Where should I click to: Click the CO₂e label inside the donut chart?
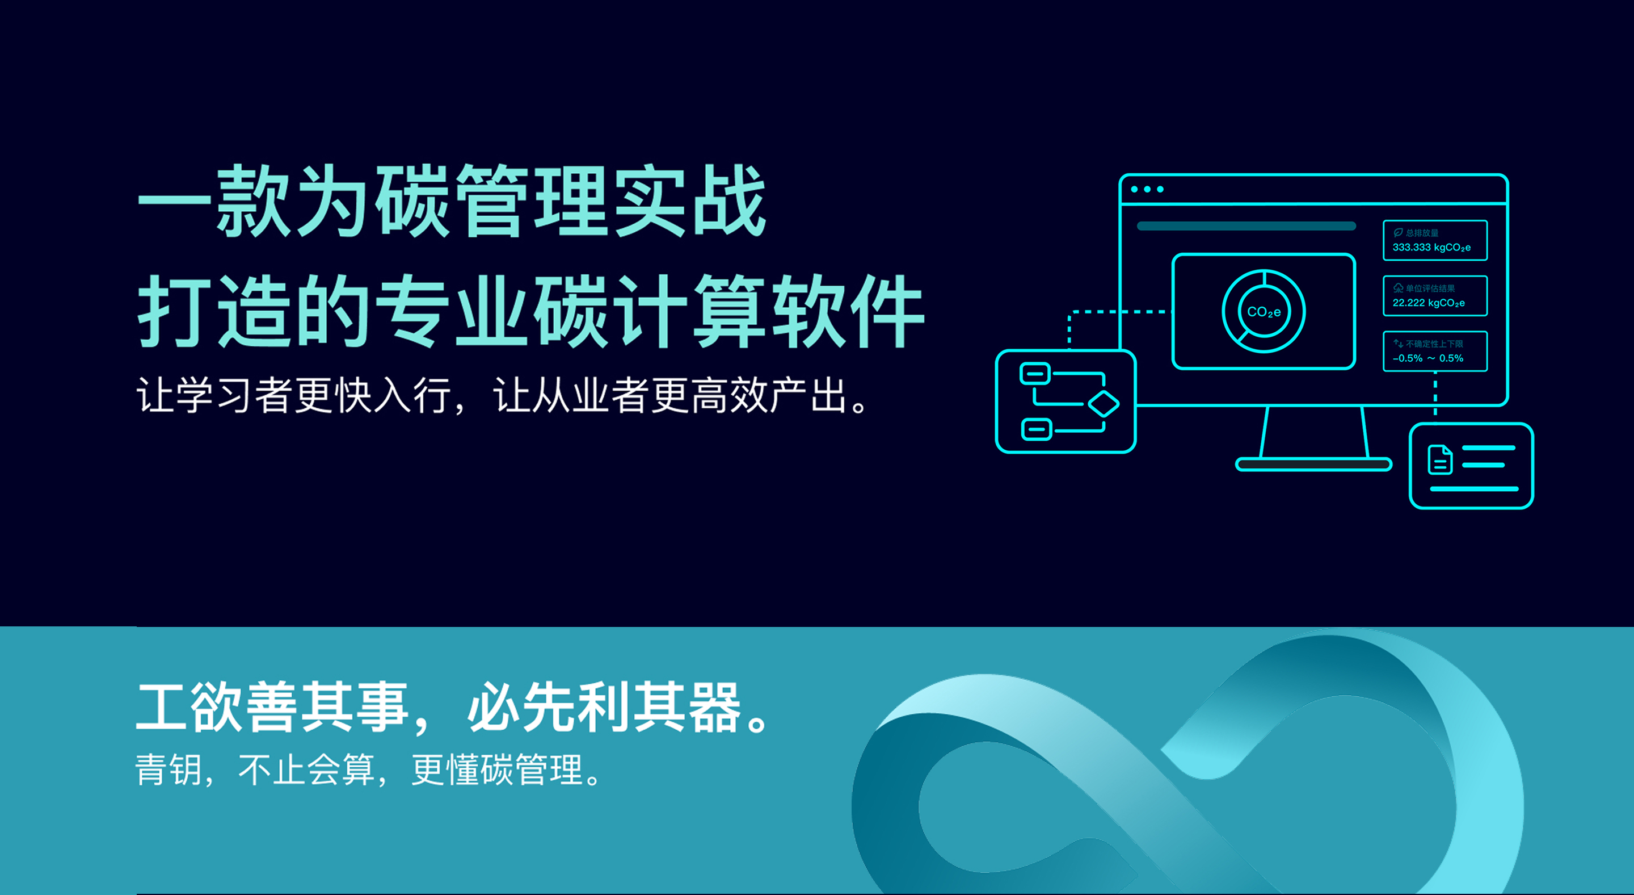1264,312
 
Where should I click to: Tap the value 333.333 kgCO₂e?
1431,248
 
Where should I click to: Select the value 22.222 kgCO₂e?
1429,303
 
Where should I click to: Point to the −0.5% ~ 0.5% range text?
1428,358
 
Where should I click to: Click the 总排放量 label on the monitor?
1422,233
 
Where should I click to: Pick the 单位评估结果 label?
1430,288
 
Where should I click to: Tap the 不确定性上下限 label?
1434,344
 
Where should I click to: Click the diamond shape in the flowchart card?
1103,404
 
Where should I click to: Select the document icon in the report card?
1440,460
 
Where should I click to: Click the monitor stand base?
1313,464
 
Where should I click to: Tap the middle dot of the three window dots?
1147,189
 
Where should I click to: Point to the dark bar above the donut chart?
1246,226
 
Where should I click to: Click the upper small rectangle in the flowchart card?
1035,374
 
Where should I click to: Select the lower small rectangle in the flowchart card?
1037,430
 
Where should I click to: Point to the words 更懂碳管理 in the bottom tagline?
496,770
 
